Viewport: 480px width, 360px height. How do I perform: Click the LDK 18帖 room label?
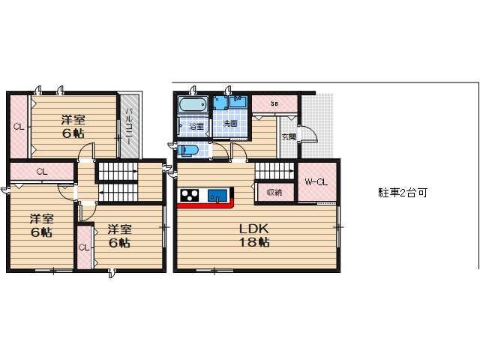coord(254,235)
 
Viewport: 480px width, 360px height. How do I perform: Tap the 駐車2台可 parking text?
coord(403,193)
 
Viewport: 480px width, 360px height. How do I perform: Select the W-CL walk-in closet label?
coord(316,182)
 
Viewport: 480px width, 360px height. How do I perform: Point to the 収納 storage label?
coord(274,192)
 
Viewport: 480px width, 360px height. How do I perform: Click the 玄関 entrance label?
coord(288,136)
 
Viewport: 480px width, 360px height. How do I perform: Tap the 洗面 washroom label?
coord(230,124)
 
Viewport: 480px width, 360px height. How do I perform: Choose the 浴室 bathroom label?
coord(196,126)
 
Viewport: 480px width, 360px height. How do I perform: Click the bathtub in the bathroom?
coord(193,105)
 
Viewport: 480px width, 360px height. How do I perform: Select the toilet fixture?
coord(187,151)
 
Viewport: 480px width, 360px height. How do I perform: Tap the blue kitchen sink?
coord(217,196)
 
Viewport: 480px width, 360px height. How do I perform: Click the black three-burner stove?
coord(190,196)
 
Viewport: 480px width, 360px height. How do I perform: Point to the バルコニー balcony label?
coord(129,126)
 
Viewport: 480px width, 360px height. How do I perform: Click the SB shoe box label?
coord(274,103)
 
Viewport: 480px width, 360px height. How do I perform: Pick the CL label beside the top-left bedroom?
coord(19,127)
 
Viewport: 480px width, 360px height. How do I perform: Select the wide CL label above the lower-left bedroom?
coord(42,172)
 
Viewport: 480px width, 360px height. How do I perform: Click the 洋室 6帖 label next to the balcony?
coord(73,127)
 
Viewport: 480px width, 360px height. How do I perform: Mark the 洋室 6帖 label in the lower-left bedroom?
coord(41,226)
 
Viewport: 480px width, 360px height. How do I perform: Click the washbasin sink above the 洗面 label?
coord(238,101)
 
